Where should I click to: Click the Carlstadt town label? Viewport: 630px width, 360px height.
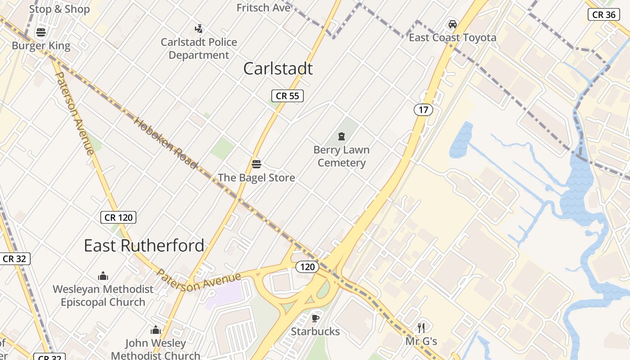coord(278,69)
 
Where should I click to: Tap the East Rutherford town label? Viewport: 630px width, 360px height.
coord(144,246)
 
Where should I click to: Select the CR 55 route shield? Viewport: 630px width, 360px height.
coord(288,95)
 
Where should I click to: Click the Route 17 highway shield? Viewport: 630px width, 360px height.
coord(423,109)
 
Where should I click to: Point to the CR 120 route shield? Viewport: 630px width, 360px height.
coord(118,218)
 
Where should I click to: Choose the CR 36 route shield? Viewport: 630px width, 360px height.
coord(603,14)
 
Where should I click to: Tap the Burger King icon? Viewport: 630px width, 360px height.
coord(41,32)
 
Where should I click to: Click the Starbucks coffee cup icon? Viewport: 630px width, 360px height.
coord(315,319)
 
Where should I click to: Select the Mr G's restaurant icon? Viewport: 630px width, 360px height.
coord(421,328)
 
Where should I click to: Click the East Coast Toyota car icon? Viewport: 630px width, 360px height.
coord(453,24)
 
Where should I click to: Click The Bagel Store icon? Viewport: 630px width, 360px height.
coord(256,164)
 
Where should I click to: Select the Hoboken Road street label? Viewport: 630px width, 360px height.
coord(166,143)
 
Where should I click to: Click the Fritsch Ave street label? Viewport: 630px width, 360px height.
coord(263,8)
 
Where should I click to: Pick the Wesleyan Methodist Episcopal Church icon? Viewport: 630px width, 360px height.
coord(103,276)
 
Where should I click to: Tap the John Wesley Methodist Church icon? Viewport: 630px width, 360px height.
coord(156,330)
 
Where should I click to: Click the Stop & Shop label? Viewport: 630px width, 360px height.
coord(59,9)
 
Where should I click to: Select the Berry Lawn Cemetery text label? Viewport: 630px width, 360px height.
coord(342,156)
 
